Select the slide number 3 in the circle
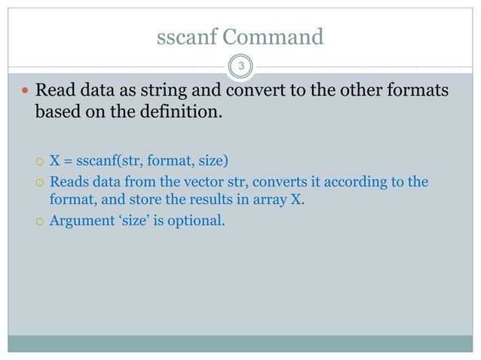tap(240, 67)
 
